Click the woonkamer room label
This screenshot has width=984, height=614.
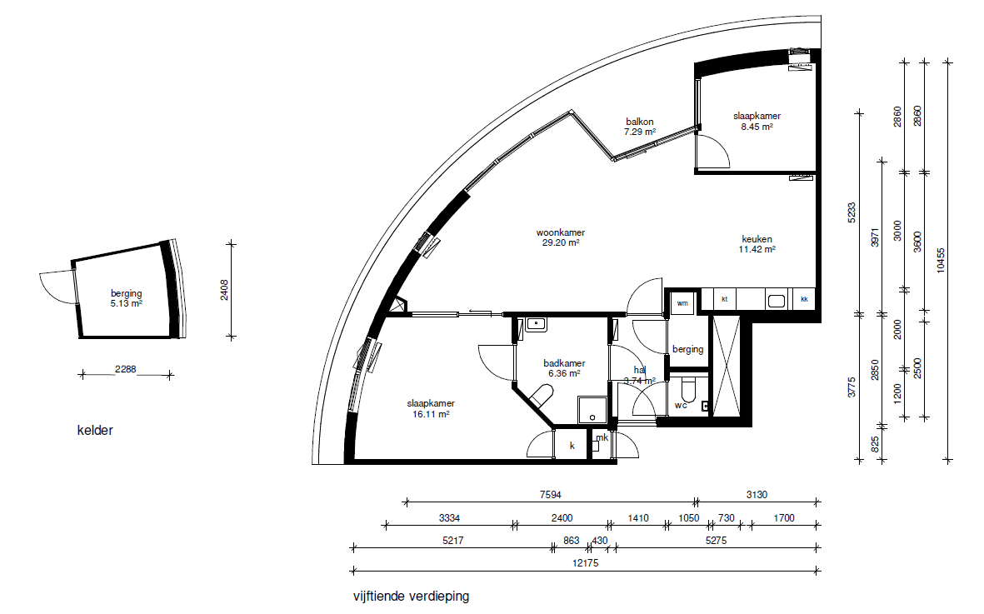[561, 232]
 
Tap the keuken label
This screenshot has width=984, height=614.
[757, 239]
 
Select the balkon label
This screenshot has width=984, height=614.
[639, 122]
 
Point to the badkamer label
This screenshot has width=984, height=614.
[564, 363]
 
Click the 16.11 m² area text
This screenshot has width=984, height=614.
[431, 414]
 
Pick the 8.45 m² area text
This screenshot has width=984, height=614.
[757, 126]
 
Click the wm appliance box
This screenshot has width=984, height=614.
[682, 303]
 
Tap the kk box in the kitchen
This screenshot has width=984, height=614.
[804, 299]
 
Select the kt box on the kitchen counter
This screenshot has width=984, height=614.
[724, 299]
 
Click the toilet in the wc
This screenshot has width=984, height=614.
[688, 390]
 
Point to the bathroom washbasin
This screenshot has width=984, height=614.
[536, 324]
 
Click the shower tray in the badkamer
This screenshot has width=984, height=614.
[592, 410]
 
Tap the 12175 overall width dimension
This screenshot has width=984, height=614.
[586, 563]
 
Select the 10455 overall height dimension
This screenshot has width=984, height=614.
[940, 260]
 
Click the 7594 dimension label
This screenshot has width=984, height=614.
[551, 495]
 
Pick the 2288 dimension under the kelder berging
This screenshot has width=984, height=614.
[126, 369]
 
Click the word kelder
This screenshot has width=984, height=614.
[95, 430]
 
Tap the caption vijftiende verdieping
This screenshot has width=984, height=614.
[411, 597]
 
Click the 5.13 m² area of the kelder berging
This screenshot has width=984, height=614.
[126, 303]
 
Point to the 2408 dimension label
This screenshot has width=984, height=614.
[225, 290]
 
